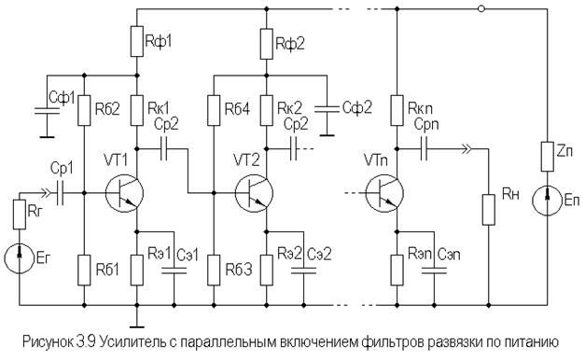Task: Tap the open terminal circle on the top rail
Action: pos(481,8)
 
